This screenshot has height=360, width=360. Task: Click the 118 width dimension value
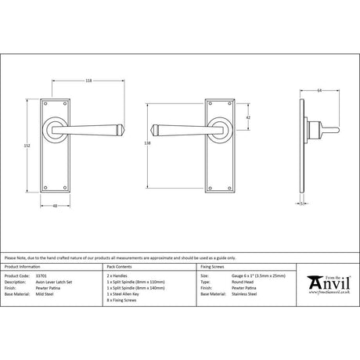88,81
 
